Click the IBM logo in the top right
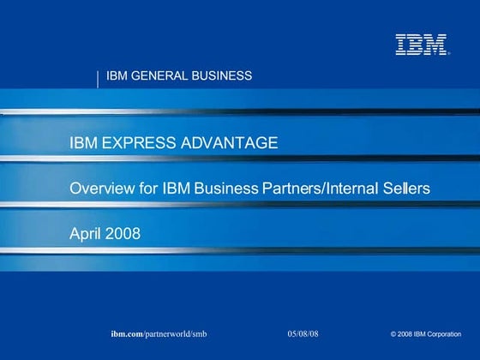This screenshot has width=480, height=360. tap(421, 45)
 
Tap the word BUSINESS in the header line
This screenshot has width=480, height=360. tap(222, 75)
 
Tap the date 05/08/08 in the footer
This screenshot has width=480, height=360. tap(302, 332)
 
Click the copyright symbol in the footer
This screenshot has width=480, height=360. tap(393, 333)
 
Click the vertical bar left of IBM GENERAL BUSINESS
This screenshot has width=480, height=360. tap(99, 78)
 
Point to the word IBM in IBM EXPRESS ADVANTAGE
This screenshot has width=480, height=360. tap(83, 142)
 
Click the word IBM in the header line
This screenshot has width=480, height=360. tap(116, 75)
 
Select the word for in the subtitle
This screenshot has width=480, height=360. tap(148, 188)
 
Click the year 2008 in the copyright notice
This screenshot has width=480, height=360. tap(407, 333)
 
